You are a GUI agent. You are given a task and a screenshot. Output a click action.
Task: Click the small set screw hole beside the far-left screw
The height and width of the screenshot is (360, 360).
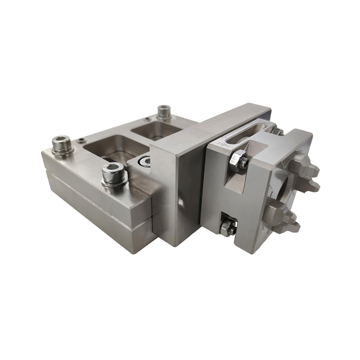[x=82, y=140]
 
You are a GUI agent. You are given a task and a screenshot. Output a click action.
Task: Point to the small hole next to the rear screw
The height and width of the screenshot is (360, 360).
[x=147, y=119]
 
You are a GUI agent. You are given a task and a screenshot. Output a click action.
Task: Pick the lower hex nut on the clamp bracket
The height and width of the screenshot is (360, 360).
[x=228, y=228]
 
